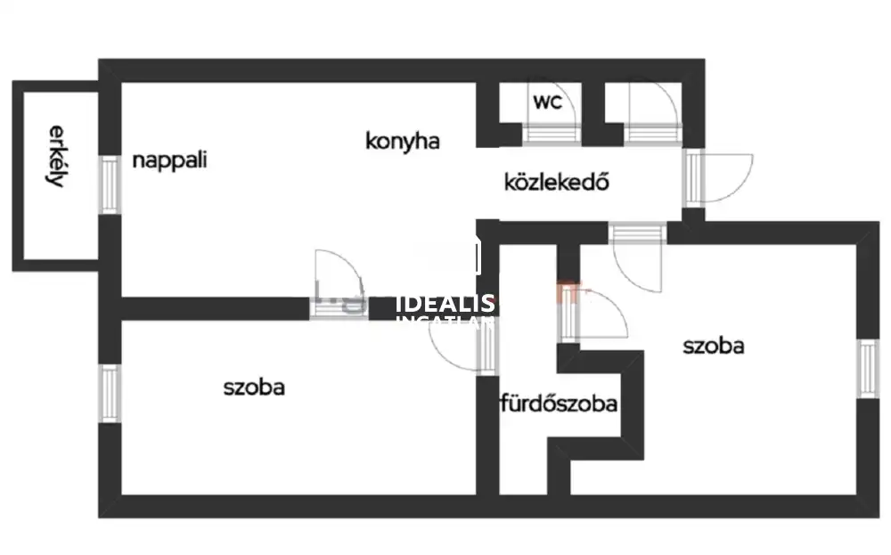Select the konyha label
point(403,140)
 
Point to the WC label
point(547,102)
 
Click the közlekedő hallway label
point(556,183)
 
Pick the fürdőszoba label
point(559,404)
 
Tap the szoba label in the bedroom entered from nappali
point(254,388)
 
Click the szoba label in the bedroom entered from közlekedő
point(713,346)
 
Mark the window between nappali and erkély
point(110,184)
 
